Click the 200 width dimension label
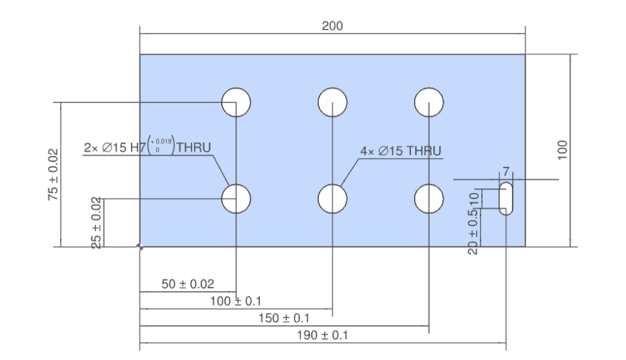coord(332,26)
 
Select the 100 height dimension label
coord(563,149)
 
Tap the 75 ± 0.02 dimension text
coord(53,174)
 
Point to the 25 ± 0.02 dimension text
coord(97,222)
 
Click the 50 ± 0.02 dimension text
coord(188,284)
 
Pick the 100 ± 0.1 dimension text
coord(236,301)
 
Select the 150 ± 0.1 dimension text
coord(285,318)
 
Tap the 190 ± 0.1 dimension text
coord(323,335)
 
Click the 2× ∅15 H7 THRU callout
coord(147,147)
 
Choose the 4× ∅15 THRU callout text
coord(400,151)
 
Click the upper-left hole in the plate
coord(236,102)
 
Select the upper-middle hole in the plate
coord(333,102)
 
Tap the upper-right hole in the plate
coord(429,102)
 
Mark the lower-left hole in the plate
coord(236,198)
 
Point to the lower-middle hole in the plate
coord(333,198)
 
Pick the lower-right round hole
coord(429,198)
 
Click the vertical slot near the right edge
coord(506,198)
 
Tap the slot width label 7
coord(506,172)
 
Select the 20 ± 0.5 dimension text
coord(473,233)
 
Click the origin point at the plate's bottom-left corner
coord(140,247)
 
